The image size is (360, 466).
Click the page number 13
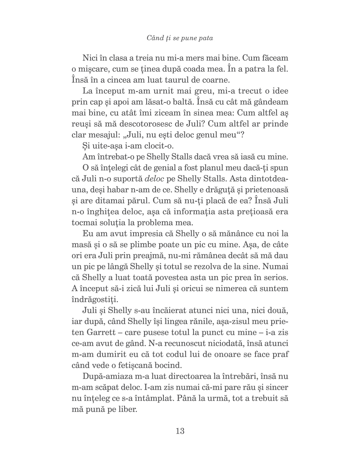click(180, 431)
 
